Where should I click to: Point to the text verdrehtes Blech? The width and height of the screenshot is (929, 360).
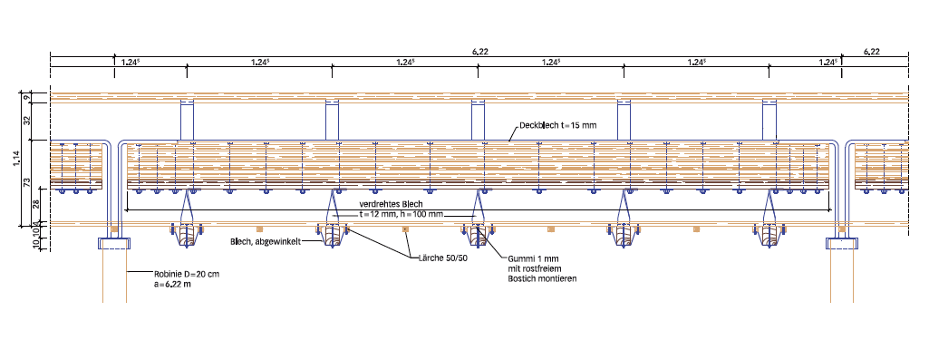(x=391, y=204)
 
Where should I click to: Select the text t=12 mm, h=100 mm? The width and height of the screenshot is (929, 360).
(x=402, y=213)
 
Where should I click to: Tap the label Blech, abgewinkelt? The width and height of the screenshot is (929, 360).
(x=266, y=242)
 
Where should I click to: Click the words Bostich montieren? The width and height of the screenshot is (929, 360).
(x=542, y=278)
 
